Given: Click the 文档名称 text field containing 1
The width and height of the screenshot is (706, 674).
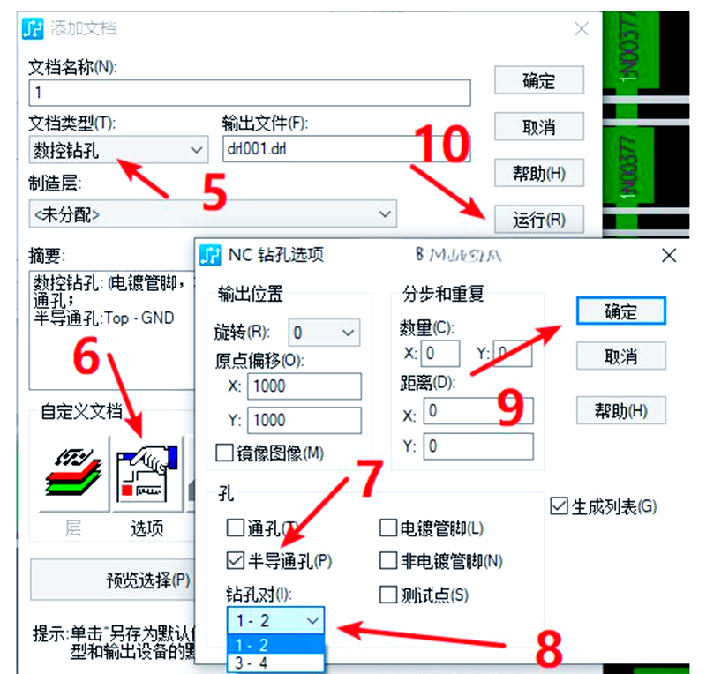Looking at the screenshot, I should (x=250, y=93).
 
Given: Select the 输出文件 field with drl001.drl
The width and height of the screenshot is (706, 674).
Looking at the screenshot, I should (x=345, y=149).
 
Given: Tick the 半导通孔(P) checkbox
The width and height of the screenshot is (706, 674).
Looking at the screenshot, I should (x=235, y=560).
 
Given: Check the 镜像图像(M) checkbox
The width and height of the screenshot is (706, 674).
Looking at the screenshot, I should (x=224, y=453).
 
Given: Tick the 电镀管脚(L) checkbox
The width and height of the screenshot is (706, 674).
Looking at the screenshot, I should (x=387, y=528).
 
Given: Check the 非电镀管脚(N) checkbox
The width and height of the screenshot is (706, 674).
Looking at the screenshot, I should (x=387, y=560).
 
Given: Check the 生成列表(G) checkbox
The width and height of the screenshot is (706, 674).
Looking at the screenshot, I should (x=558, y=506).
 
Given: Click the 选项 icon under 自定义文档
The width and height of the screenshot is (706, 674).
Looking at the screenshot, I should (x=146, y=476).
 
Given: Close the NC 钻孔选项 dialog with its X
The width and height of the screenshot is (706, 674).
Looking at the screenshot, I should (x=668, y=255).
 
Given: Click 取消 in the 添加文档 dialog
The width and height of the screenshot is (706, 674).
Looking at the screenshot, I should (x=538, y=127).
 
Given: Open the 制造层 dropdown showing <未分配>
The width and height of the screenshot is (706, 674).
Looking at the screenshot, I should (x=212, y=213).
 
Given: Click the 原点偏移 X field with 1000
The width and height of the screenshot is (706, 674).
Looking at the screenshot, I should (x=305, y=386).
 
